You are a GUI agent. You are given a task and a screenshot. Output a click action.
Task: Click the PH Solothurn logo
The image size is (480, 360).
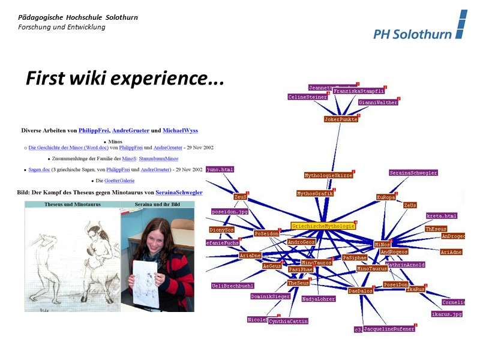pyautogui.click(x=419, y=27)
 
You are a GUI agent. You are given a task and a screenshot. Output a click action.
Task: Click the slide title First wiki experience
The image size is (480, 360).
pyautogui.click(x=124, y=79)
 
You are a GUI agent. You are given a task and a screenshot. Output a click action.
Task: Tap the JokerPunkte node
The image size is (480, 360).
pyautogui.click(x=341, y=119)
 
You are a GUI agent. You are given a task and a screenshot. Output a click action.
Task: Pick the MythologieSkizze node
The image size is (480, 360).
pyautogui.click(x=328, y=176)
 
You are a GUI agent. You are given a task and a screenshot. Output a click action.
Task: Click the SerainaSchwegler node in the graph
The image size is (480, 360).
pyautogui.click(x=413, y=173)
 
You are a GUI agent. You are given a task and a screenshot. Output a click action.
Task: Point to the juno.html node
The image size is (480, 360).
pyautogui.click(x=220, y=170)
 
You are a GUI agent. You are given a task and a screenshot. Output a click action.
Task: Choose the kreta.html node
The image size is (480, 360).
pyautogui.click(x=442, y=216)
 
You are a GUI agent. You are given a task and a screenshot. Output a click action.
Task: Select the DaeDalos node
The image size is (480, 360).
pyautogui.click(x=361, y=291)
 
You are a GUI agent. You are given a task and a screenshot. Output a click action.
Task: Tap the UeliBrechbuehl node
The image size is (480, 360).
pyautogui.click(x=232, y=286)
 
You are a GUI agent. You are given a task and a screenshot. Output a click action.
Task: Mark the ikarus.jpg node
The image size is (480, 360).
pyautogui.click(x=447, y=314)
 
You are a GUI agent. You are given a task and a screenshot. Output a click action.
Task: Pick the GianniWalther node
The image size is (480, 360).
pyautogui.click(x=378, y=103)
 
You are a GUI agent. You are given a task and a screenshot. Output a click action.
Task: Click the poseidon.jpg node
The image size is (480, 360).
pyautogui.click(x=230, y=212)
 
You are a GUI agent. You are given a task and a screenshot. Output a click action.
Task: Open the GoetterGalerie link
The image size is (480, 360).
pyautogui.click(x=119, y=181)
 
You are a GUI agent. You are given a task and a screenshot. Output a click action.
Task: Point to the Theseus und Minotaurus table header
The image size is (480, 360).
pyautogui.click(x=72, y=205)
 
